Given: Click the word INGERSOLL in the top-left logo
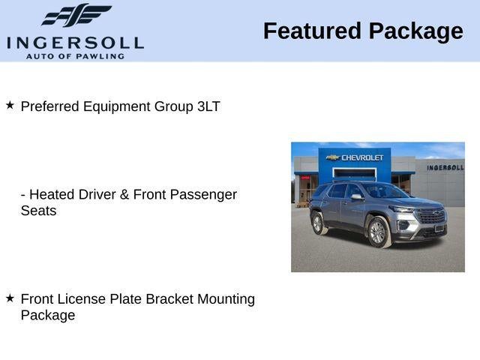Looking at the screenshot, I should point(75,42).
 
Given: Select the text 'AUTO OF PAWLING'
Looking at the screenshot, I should point(75,56).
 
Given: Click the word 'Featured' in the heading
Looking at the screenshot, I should point(312,31).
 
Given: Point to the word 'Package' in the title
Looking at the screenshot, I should point(415,31).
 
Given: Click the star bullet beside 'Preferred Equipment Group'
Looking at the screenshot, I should point(10,106).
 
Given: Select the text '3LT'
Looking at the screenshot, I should point(208,106).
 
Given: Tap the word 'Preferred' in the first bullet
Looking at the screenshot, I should point(50,106).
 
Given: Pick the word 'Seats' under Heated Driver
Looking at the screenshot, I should point(38,211).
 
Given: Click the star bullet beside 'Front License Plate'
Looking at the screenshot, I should point(10,298).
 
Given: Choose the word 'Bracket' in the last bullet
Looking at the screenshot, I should point(169,299).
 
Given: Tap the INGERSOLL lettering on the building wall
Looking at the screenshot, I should point(445,167).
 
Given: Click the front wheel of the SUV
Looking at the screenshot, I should point(377,232).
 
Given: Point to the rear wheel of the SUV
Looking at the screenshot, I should point(318,223).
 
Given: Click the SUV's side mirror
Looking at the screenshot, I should point(356,197).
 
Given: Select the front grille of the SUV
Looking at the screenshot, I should point(430,217).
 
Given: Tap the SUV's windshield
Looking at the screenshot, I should point(383,192).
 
